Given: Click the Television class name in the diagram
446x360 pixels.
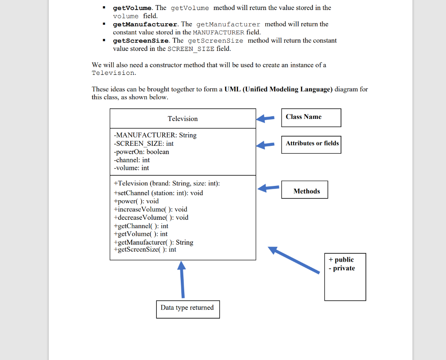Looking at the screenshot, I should [x=182, y=119].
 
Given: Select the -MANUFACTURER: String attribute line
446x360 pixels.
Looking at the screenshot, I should [x=155, y=135].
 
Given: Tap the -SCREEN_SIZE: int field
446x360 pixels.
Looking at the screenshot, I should [x=144, y=144].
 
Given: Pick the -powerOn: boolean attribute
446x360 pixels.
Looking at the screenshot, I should [x=141, y=152].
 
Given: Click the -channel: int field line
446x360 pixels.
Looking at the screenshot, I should [x=132, y=160].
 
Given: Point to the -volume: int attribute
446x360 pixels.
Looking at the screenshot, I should [x=131, y=168].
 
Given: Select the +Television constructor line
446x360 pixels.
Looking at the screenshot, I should [x=166, y=184].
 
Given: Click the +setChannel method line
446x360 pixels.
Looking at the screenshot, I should [x=158, y=193].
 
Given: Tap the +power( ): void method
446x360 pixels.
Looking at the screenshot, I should [x=136, y=201].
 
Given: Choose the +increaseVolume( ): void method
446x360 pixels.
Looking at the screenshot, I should [x=150, y=209].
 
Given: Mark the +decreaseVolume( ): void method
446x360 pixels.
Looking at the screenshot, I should [x=151, y=218].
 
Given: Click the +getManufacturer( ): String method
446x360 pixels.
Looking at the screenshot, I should [x=153, y=242].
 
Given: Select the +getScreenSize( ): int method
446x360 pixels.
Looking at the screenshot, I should [x=145, y=249].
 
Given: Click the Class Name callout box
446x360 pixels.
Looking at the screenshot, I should [x=311, y=118].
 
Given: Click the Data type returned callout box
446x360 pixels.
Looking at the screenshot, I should [x=188, y=309].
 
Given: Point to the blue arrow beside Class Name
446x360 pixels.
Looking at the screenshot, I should [x=265, y=118].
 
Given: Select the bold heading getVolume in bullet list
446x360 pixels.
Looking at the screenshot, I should [x=133, y=8].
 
